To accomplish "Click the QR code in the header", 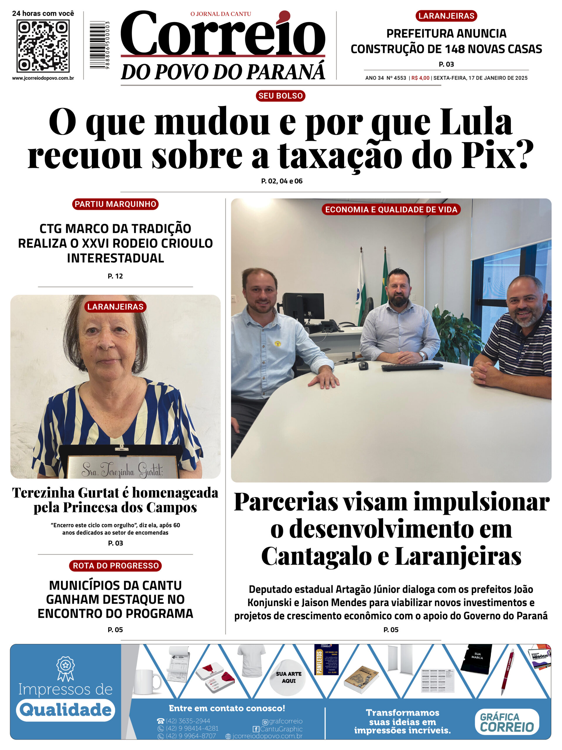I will point(43,45).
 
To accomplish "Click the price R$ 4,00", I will point(420,78).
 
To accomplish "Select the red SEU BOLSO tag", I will point(280,96).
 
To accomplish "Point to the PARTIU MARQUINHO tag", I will point(115,204).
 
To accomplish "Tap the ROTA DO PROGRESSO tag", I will point(116,565).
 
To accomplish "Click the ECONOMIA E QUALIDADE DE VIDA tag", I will point(391,209).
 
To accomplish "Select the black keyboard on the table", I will point(412,367).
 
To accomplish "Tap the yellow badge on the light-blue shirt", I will point(277,343).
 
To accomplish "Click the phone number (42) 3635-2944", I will point(188,721).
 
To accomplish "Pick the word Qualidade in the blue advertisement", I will point(65,710).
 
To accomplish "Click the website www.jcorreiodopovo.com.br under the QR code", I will point(43,78).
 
